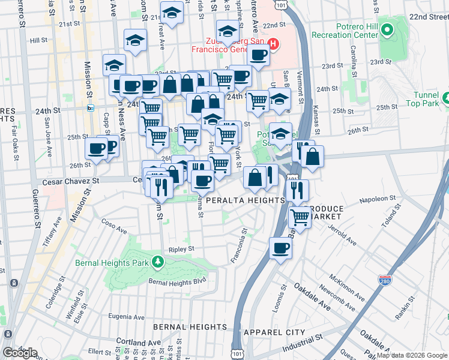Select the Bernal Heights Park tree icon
[x=157, y=262]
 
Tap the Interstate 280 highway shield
[x=385, y=280]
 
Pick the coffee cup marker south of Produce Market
[x=280, y=248]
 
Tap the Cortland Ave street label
[x=139, y=343]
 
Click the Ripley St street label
[x=182, y=248]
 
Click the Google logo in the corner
[x=20, y=353]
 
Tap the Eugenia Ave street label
[x=127, y=317]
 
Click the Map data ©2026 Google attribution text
[x=411, y=355]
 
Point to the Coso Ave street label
[x=114, y=229]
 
